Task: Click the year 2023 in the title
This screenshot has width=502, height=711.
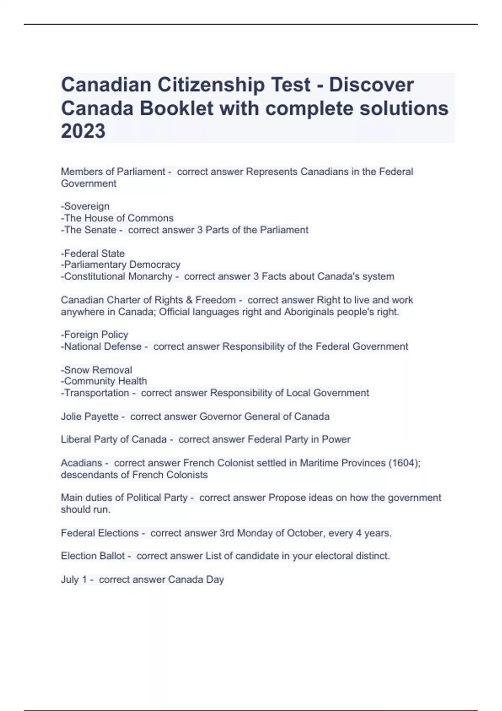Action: [x=83, y=131]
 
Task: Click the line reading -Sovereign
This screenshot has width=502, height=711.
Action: [x=85, y=206]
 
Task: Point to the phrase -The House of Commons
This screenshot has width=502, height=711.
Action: [x=117, y=218]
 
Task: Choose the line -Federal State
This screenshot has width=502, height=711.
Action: [x=93, y=253]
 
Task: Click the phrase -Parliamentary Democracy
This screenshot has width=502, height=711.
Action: [x=120, y=265]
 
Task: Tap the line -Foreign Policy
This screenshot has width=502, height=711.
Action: [x=95, y=335]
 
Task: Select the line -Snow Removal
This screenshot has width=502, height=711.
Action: [x=97, y=370]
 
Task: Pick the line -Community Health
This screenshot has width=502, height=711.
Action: [x=104, y=381]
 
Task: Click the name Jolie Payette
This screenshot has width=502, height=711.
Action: [x=90, y=417]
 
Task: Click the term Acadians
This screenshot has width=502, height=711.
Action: [x=81, y=463]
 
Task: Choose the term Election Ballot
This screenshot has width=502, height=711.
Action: [x=93, y=556]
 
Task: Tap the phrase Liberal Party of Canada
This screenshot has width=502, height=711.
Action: [x=114, y=440]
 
